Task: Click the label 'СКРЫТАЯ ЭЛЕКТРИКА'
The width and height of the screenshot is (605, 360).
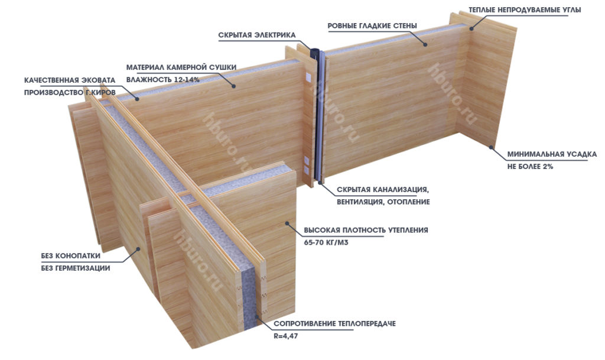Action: (257, 35)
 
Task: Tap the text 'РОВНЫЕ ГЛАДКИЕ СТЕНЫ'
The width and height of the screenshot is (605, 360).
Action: (372, 26)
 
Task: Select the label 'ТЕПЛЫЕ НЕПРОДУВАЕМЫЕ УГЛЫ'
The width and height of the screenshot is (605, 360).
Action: (525, 9)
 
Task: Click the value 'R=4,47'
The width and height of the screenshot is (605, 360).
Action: (286, 336)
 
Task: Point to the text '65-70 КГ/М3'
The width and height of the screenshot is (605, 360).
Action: (326, 243)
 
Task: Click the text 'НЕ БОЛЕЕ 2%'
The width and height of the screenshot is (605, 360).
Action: (530, 166)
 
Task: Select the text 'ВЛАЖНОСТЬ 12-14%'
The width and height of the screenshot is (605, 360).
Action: (163, 79)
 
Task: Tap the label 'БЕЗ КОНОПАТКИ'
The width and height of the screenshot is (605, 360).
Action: (71, 256)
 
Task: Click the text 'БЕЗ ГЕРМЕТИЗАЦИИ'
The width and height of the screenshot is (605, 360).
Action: (76, 268)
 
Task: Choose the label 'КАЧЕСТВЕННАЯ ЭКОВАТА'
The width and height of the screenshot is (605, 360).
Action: (70, 80)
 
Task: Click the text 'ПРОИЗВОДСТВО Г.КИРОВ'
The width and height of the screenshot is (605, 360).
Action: (70, 93)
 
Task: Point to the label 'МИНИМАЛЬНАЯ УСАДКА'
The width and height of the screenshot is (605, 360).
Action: (552, 154)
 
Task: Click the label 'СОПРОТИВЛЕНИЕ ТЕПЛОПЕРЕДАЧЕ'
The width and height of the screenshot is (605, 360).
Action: (334, 324)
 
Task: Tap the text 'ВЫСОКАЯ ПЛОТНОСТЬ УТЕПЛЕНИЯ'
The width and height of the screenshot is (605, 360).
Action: (366, 231)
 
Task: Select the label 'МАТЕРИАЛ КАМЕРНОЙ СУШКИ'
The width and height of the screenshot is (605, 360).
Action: (181, 67)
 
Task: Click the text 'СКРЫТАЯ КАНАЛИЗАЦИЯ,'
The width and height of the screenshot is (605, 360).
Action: (382, 190)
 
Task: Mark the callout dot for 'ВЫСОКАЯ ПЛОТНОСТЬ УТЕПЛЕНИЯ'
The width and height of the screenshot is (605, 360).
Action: (287, 223)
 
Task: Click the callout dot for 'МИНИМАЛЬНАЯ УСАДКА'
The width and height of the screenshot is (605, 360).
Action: (492, 147)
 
